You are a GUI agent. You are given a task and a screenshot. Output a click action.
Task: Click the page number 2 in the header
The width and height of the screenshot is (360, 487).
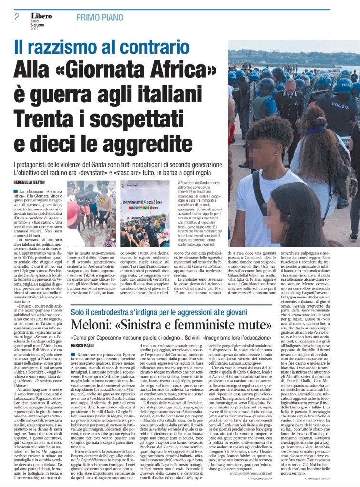pos(16,17)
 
